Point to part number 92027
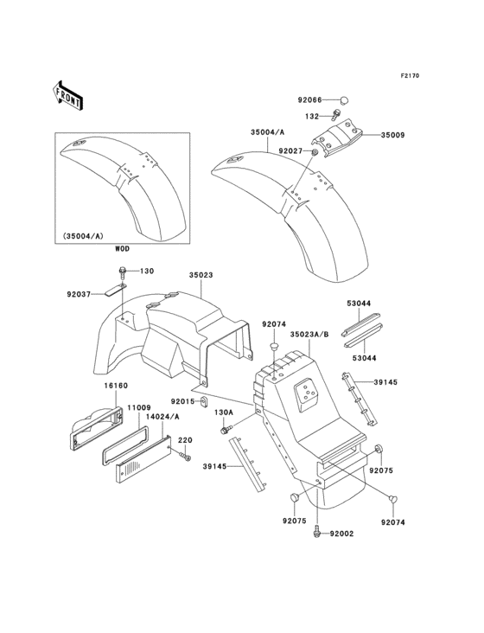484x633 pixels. [x=292, y=151]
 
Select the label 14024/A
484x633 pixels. [x=162, y=416]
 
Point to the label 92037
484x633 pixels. [x=77, y=293]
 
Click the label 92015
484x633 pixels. [x=183, y=401]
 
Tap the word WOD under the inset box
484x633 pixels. [x=123, y=248]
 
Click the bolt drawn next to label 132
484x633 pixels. [x=340, y=112]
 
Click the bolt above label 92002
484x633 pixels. [x=319, y=531]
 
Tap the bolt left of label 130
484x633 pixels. [x=124, y=272]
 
